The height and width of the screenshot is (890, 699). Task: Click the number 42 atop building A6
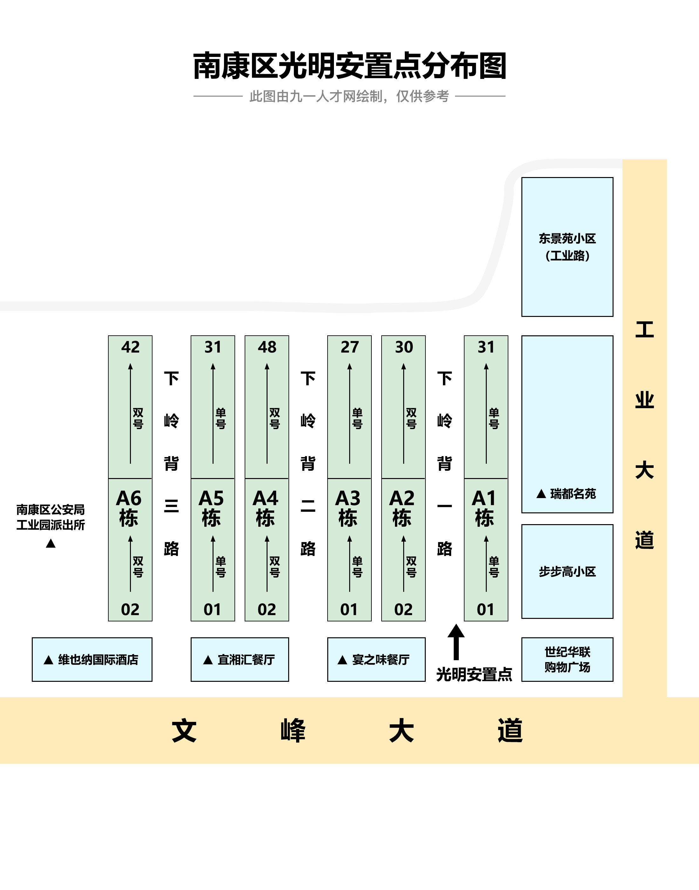130,347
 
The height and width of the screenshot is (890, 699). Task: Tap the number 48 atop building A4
267,347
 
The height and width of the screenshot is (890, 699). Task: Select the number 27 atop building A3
349,347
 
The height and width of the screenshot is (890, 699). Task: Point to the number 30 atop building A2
404,347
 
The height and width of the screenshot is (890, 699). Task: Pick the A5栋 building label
211,508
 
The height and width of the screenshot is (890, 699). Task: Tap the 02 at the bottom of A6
130,610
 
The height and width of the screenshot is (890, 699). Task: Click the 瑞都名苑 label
573,494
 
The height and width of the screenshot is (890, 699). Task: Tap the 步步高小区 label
567,572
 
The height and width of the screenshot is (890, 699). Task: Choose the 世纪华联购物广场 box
567,659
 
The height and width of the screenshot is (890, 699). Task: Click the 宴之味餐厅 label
381,660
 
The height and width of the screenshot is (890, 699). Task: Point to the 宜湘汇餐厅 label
246,660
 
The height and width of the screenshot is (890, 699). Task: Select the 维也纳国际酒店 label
98,660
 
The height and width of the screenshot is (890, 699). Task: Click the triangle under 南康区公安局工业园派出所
51,544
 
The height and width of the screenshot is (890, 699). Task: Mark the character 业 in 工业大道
645,400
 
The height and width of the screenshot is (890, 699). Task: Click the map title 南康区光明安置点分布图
349,66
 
